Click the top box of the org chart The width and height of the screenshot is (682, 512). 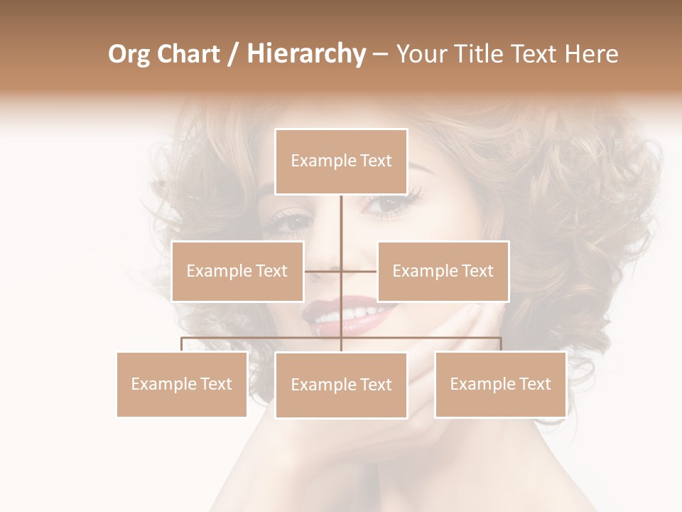341,161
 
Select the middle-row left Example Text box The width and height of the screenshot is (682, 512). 237,271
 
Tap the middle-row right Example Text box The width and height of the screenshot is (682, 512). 443,271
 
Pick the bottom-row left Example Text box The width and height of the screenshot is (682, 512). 182,384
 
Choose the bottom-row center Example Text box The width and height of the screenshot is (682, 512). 341,385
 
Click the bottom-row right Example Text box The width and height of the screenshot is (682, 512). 500,384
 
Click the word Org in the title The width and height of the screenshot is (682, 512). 130,54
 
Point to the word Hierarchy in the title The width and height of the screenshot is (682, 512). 305,54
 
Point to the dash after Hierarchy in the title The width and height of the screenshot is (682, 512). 380,55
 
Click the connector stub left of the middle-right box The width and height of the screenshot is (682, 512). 359,271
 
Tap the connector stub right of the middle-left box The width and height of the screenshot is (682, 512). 322,271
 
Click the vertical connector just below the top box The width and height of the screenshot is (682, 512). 341,213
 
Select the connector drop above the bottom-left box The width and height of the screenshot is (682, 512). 182,344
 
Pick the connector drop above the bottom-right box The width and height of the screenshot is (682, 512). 501,344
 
